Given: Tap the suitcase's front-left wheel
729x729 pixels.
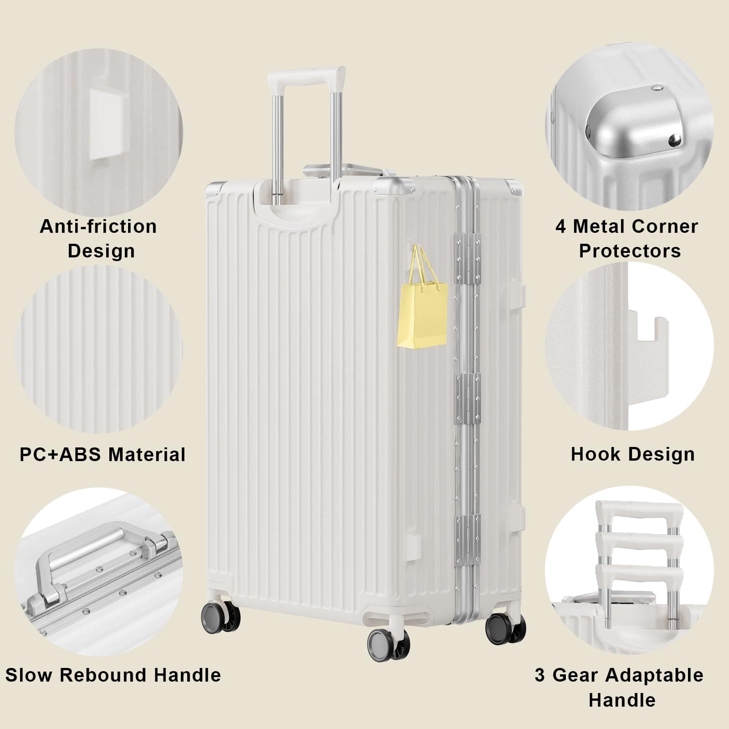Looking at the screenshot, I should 221,616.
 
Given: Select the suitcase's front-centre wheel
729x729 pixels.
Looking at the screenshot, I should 388,644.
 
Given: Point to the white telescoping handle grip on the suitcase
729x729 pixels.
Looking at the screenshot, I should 306,76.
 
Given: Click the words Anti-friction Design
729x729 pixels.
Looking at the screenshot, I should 99,238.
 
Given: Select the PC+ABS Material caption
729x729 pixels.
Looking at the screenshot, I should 103,454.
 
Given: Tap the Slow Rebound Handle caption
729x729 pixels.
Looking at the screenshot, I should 113,675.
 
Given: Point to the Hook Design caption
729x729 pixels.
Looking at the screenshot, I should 632,454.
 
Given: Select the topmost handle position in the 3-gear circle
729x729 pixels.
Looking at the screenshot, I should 638,512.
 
